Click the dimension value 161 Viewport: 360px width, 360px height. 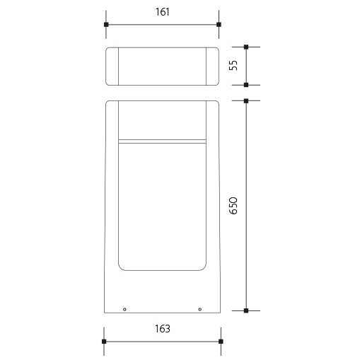click(163, 12)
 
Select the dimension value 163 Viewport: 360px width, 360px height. click(163, 329)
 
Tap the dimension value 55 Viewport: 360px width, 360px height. click(233, 65)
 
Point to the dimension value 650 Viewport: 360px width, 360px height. click(233, 206)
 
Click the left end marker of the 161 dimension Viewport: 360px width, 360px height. click(106, 24)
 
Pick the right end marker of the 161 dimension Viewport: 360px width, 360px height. click(219, 24)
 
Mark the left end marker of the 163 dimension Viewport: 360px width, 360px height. click(104, 341)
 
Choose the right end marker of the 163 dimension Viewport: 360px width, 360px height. click(221, 341)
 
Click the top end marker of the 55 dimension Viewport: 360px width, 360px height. click(246, 47)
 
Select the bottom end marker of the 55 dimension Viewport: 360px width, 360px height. click(246, 85)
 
